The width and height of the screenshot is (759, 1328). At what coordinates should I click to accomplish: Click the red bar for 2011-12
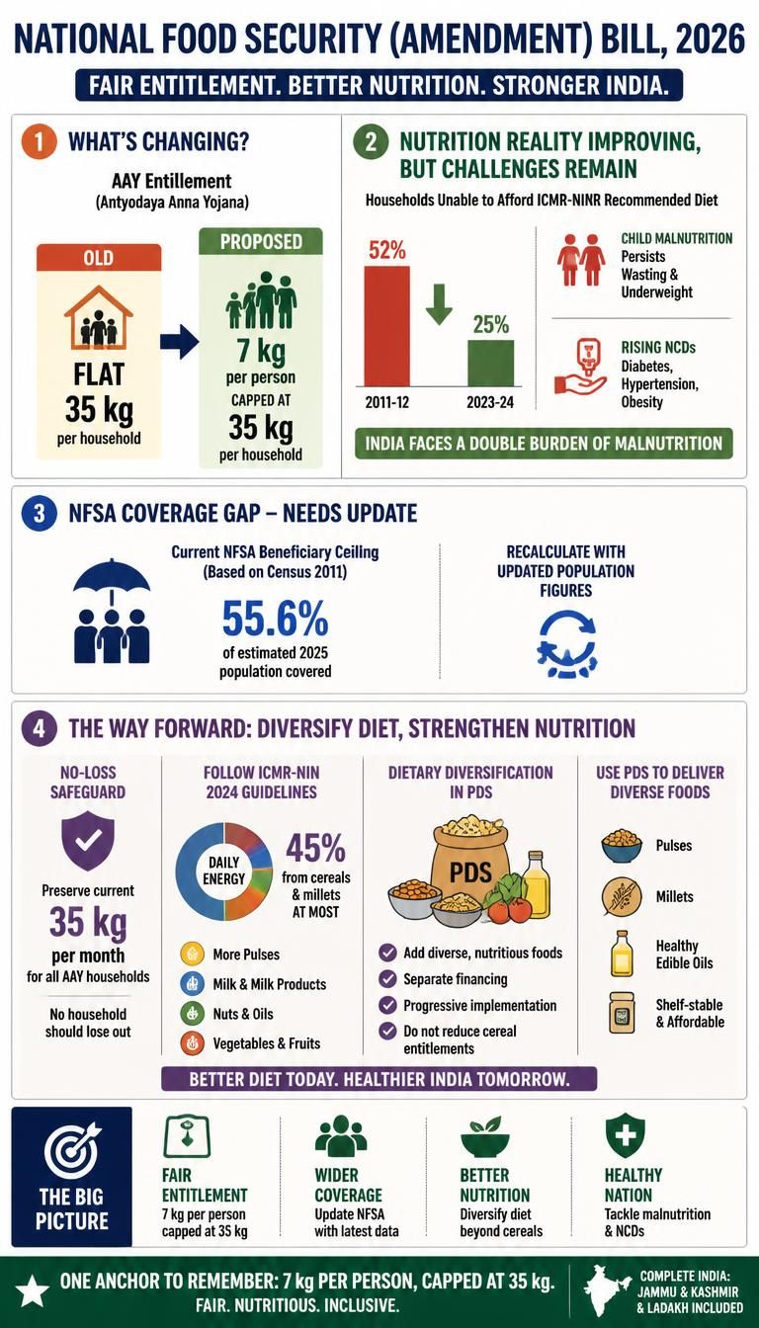click(x=386, y=326)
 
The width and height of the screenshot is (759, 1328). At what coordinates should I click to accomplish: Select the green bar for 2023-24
click(x=491, y=363)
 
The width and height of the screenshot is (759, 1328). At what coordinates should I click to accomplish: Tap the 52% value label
click(x=387, y=250)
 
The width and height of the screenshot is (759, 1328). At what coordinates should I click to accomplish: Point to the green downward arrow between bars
click(x=439, y=304)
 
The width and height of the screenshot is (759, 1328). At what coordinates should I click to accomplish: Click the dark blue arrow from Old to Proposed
click(x=180, y=342)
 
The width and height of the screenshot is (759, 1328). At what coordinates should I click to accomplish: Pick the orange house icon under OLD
click(x=99, y=318)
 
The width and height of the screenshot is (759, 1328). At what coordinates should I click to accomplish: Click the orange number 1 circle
click(x=39, y=142)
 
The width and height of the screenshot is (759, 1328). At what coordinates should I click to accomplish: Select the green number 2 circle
click(x=371, y=142)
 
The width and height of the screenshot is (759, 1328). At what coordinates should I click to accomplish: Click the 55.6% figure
click(x=275, y=618)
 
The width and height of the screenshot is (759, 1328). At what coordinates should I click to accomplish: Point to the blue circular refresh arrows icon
click(x=566, y=644)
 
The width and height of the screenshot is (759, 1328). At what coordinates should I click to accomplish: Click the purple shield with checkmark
click(x=88, y=841)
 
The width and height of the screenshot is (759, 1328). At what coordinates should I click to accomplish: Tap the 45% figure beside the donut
click(x=315, y=848)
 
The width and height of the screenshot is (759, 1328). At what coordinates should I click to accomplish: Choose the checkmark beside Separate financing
click(x=387, y=979)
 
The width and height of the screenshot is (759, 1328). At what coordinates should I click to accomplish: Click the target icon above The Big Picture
click(x=72, y=1151)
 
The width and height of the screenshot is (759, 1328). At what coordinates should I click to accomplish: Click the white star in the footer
click(x=32, y=1290)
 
